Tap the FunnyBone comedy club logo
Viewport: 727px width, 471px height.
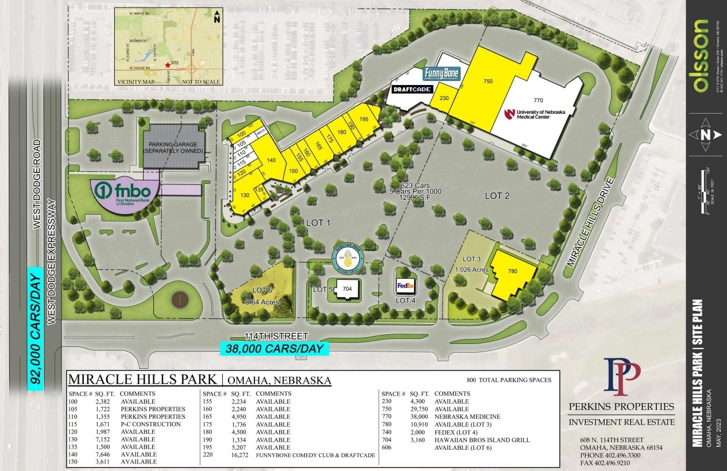(442, 75)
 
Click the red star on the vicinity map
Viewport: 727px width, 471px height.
(167, 65)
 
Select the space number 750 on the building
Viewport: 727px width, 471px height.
(488, 82)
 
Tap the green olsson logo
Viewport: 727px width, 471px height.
(702, 55)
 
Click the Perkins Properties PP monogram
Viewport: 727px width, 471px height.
(621, 377)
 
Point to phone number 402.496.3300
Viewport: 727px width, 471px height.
(612, 455)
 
